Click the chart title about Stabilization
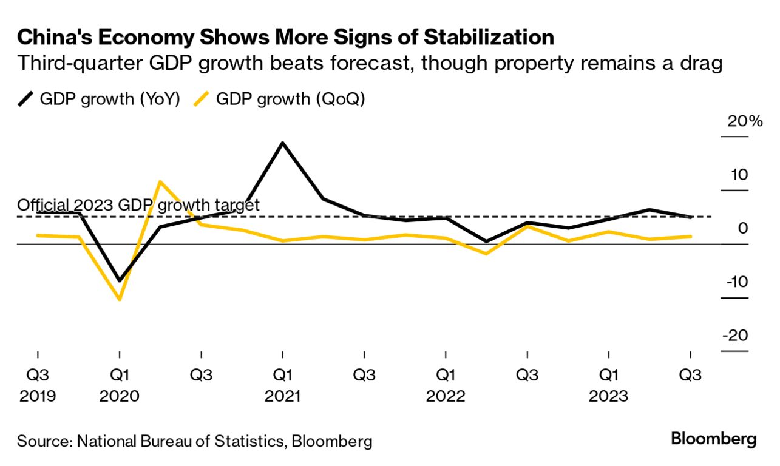click(x=285, y=38)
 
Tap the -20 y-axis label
click(x=736, y=336)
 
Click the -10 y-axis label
click(x=736, y=282)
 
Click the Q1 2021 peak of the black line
click(x=282, y=143)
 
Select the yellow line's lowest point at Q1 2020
click(x=120, y=299)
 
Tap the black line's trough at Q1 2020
click(x=120, y=281)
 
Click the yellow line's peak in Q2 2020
click(x=160, y=181)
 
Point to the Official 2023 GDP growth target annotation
click(x=138, y=205)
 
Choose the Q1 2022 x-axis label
click(x=446, y=385)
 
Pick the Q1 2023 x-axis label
click(x=609, y=385)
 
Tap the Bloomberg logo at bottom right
click(x=713, y=439)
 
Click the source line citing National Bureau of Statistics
click(x=194, y=441)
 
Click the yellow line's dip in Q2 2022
click(x=486, y=254)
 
